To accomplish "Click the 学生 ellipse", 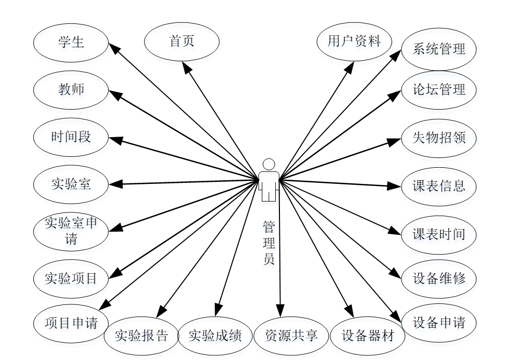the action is (x=71, y=43).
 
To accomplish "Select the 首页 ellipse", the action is (x=182, y=42).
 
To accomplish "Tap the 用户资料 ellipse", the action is (x=354, y=42).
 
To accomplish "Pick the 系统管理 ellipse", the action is (x=439, y=50).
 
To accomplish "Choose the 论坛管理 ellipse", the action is (x=439, y=90).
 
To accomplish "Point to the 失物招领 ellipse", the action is (x=439, y=138).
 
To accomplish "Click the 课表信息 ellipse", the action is (x=439, y=185).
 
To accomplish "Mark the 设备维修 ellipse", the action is (x=439, y=278).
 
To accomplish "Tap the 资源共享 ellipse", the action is (x=291, y=336).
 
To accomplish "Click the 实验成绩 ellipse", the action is (x=215, y=336).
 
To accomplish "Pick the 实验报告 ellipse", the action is (x=141, y=336).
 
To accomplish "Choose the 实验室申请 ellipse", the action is (x=71, y=231).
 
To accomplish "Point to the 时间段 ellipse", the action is (x=71, y=137).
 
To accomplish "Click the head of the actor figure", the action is (x=269, y=164).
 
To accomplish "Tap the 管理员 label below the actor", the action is (x=269, y=243).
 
